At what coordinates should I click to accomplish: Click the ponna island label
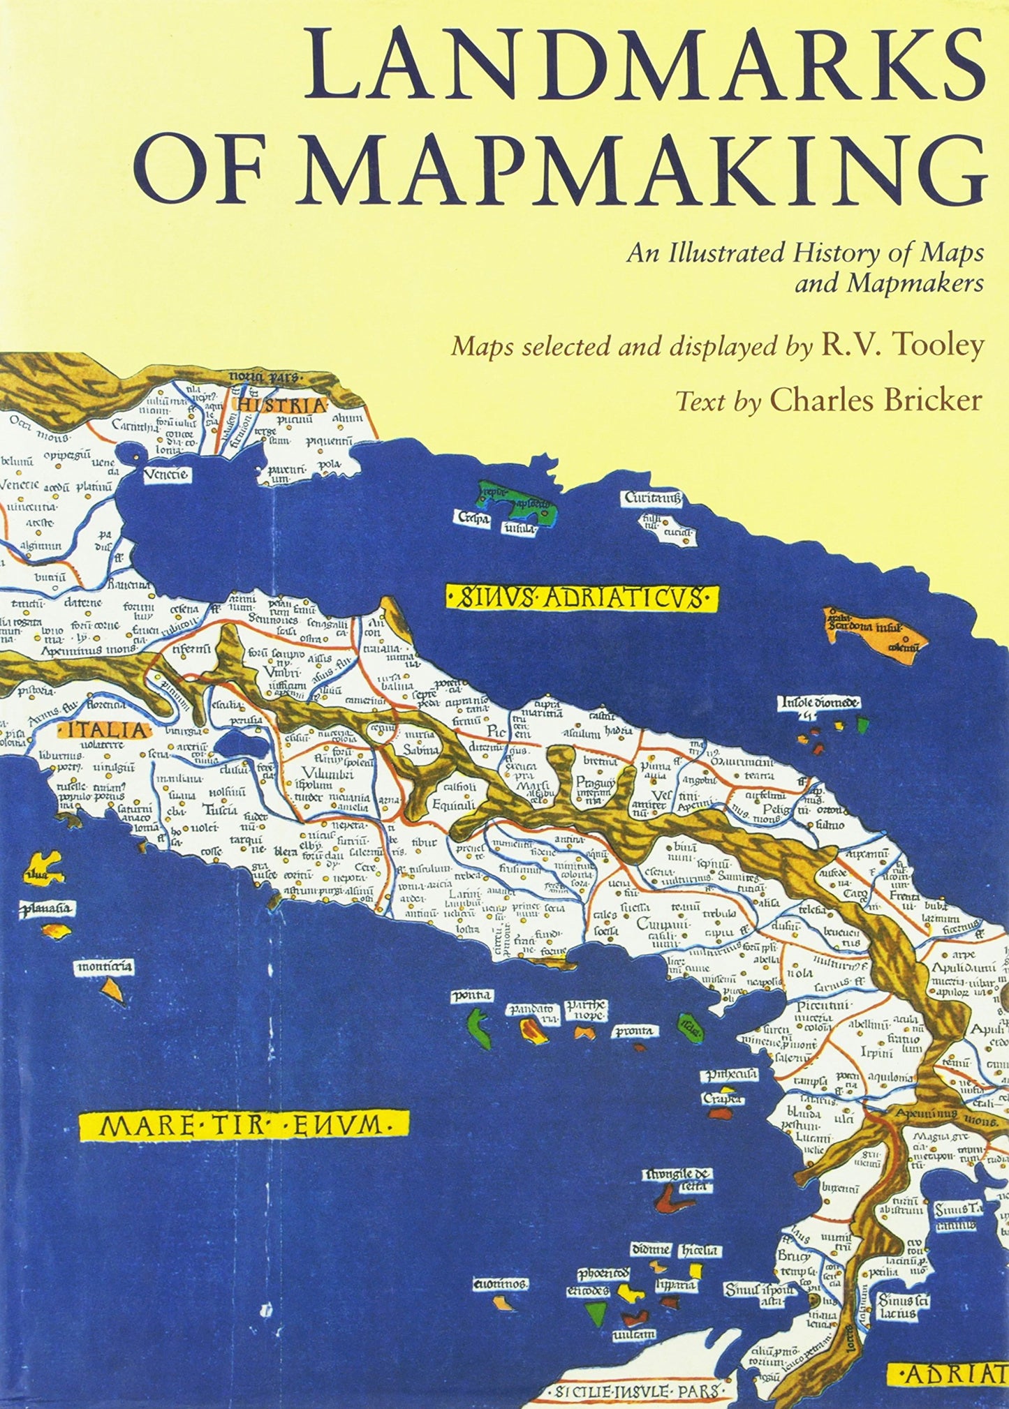click(x=471, y=994)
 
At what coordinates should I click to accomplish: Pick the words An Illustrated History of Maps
click(x=804, y=252)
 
